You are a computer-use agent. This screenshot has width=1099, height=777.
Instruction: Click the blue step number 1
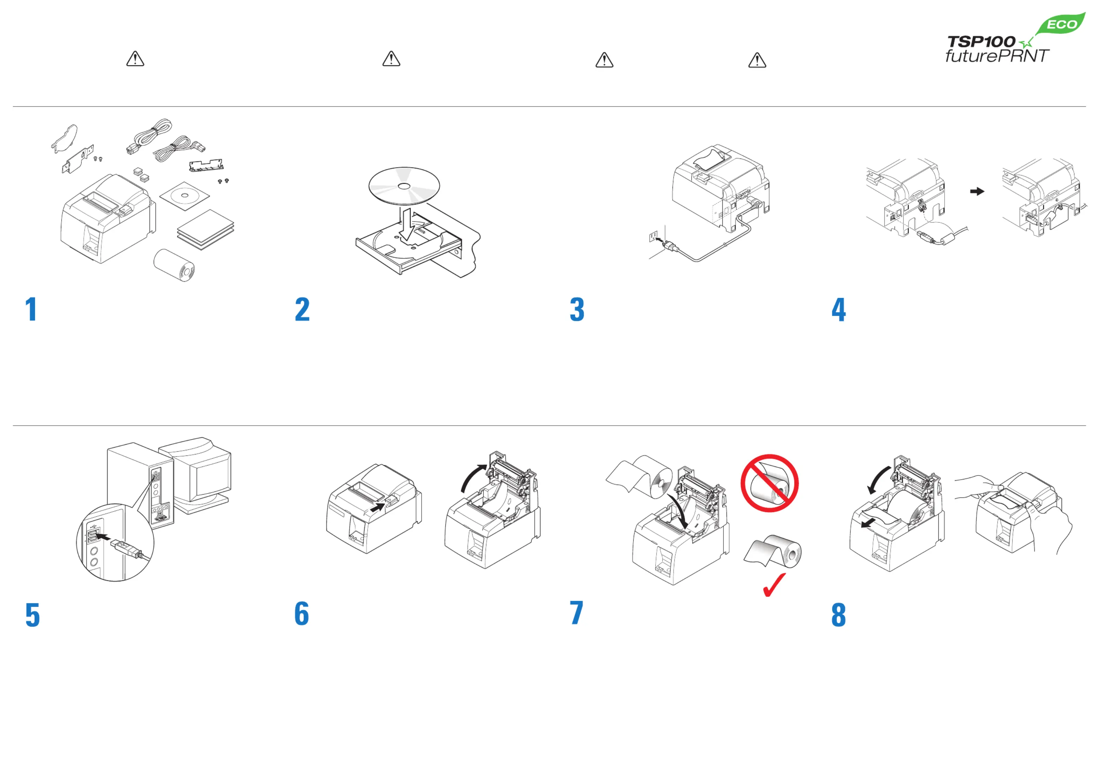point(31,309)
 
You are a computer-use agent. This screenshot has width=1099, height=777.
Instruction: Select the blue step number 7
point(576,613)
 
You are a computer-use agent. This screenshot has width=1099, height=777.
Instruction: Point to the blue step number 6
point(301,614)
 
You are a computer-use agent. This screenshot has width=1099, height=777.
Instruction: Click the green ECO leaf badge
point(1060,24)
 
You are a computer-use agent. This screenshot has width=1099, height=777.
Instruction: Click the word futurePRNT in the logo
point(997,56)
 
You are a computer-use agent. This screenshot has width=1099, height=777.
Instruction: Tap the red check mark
point(774,585)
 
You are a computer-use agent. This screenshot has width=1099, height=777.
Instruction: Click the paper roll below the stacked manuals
point(174,265)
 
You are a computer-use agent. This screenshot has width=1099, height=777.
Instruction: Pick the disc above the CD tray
point(404,186)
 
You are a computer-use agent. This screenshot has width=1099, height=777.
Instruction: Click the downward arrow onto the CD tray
point(407,223)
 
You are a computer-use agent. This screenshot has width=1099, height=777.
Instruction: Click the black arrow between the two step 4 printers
point(977,191)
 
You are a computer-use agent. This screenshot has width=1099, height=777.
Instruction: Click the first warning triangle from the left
point(135,59)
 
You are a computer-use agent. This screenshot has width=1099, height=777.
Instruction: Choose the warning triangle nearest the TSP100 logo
point(757,60)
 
